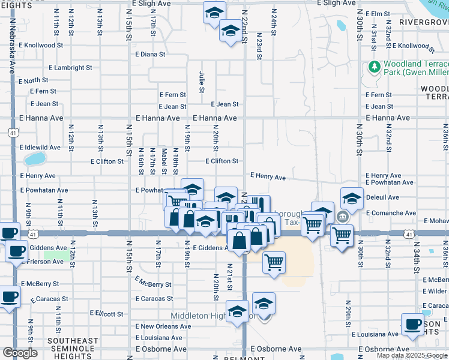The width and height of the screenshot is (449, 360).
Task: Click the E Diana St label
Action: click(x=151, y=54)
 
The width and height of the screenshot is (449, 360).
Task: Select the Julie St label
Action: click(x=202, y=82)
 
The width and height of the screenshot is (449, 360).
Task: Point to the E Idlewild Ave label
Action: click(x=40, y=147)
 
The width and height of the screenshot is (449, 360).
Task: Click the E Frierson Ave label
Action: click(x=42, y=262)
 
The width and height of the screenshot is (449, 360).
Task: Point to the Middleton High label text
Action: click(x=198, y=316)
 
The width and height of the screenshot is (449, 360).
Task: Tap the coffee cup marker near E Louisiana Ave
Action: click(x=412, y=324)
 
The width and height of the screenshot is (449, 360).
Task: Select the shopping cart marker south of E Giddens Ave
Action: click(x=274, y=262)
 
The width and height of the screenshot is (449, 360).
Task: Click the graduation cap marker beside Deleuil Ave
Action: click(x=352, y=197)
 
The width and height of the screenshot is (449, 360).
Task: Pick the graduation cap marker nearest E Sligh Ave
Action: click(x=214, y=12)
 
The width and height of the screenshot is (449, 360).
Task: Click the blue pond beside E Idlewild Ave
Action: click(x=35, y=159)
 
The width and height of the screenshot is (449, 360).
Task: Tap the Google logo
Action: click(x=19, y=353)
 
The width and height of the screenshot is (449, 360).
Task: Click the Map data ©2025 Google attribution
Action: click(x=411, y=355)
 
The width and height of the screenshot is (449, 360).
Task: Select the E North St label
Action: click(x=34, y=80)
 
